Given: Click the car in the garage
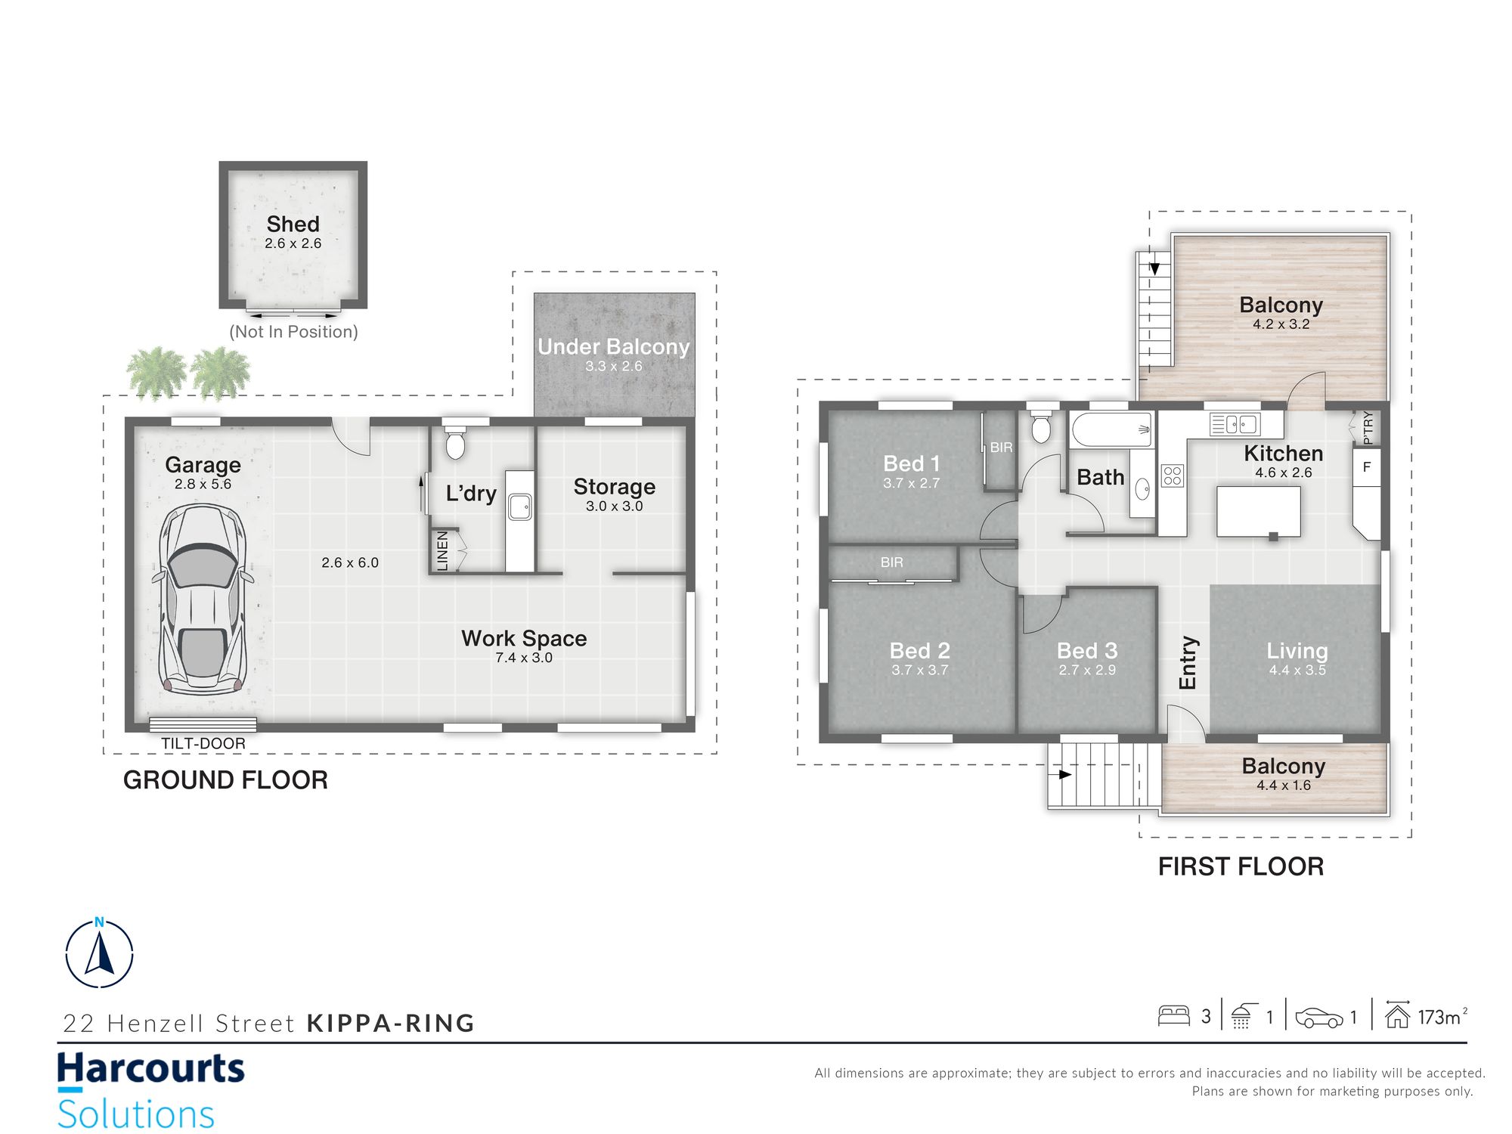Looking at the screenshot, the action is (203, 599).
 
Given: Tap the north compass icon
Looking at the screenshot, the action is (100, 953).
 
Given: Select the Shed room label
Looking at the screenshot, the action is (293, 224).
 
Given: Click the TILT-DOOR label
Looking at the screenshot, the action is (203, 743).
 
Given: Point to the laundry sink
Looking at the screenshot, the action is (520, 507).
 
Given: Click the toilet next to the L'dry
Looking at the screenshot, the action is (455, 442).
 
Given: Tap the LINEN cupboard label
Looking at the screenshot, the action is (443, 550).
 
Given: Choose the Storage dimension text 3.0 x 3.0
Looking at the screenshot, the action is (615, 507).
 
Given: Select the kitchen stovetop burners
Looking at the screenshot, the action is (1173, 476).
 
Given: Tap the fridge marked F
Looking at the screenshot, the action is (1367, 466).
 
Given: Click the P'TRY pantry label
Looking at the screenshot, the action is (1368, 428).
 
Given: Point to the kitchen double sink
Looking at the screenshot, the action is (1235, 424).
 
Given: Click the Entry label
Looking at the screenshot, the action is (1188, 662).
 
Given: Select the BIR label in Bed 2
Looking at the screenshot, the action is (892, 562).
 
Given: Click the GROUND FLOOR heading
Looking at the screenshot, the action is (225, 780).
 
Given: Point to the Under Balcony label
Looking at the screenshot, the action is (614, 347).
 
